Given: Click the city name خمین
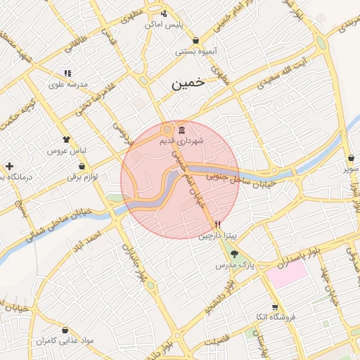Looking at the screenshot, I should [188, 82].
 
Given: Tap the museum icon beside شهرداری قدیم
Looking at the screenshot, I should [182, 130].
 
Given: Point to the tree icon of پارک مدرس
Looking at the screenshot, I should [235, 255].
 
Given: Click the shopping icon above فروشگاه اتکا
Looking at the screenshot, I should [275, 307].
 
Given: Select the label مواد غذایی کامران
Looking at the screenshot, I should [67, 340].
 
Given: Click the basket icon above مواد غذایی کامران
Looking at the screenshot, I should [65, 329].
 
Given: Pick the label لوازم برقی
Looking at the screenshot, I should [82, 177].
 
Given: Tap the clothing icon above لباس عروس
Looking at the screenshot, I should [66, 139].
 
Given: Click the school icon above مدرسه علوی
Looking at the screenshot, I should [67, 72].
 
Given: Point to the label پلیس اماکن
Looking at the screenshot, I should [164, 24].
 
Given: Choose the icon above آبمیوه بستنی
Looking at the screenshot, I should [195, 40].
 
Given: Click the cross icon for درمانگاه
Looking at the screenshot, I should [8, 167].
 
